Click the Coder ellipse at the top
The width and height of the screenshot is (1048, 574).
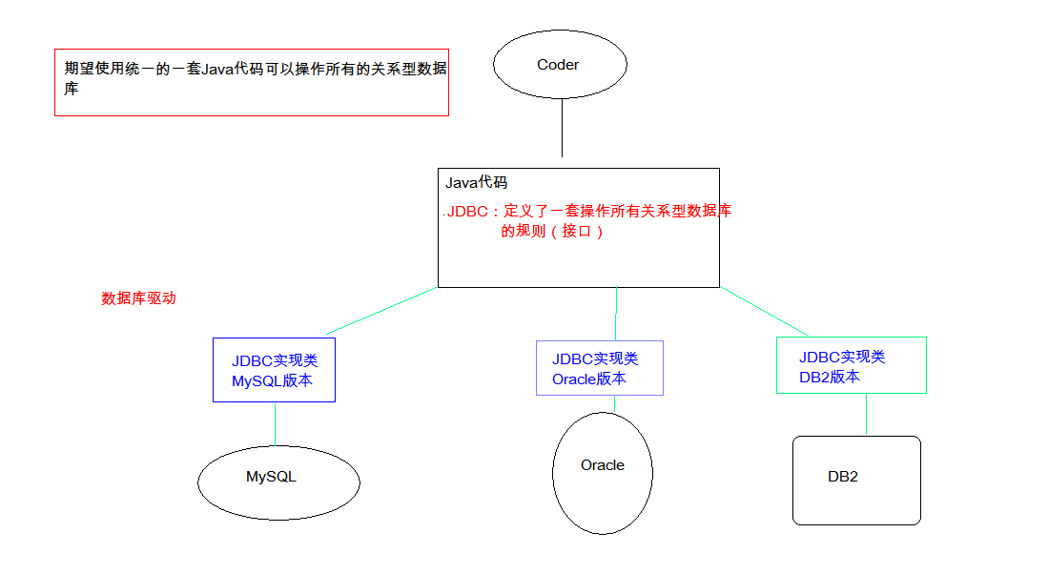[x=560, y=65]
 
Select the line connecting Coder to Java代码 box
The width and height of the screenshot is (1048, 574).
[x=562, y=128]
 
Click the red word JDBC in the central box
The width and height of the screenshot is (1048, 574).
[x=466, y=212]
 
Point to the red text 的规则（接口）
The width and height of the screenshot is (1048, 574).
[x=553, y=231]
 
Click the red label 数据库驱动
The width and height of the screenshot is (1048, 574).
[x=138, y=298]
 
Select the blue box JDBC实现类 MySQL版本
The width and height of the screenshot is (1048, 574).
[x=274, y=370]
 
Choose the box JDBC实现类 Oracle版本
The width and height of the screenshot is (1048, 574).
[x=599, y=368]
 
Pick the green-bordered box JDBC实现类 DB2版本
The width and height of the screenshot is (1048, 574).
[x=851, y=365]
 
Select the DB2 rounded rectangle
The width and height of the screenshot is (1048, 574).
[x=855, y=481]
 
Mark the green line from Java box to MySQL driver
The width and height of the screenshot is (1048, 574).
[x=381, y=311]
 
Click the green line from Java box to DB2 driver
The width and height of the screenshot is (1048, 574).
[x=763, y=311]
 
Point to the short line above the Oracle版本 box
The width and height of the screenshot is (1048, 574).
[x=616, y=314]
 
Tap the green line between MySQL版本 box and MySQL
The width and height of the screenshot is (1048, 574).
[x=275, y=423]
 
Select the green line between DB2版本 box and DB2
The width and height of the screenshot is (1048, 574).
[x=866, y=415]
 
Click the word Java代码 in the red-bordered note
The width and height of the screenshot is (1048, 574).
[x=235, y=69]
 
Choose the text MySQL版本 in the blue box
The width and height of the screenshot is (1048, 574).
[x=272, y=381]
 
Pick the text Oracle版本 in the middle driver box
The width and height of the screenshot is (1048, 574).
[x=588, y=379]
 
